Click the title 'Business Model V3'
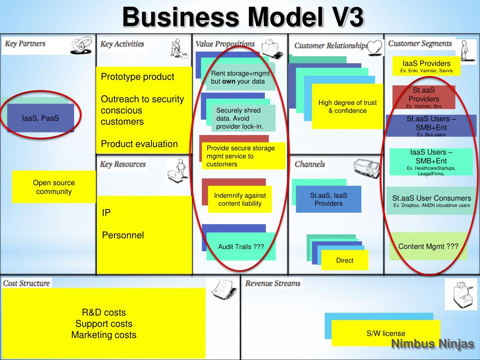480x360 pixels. (242, 18)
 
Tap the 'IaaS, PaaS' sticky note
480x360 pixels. (41, 118)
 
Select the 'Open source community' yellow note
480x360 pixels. (54, 187)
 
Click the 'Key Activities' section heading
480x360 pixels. (122, 44)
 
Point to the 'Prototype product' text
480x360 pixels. (137, 77)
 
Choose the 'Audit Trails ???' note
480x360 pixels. (241, 247)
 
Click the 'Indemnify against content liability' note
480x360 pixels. (240, 199)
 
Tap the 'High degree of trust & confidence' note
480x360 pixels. (347, 107)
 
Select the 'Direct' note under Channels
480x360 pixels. (345, 260)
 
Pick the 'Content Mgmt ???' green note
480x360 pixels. (428, 247)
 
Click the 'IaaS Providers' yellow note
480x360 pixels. (426, 66)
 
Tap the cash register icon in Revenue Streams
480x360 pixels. (460, 293)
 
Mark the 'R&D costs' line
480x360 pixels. (104, 312)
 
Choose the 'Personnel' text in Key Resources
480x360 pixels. (123, 235)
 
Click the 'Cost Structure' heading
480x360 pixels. (26, 283)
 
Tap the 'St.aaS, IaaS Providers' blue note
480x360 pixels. (329, 199)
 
